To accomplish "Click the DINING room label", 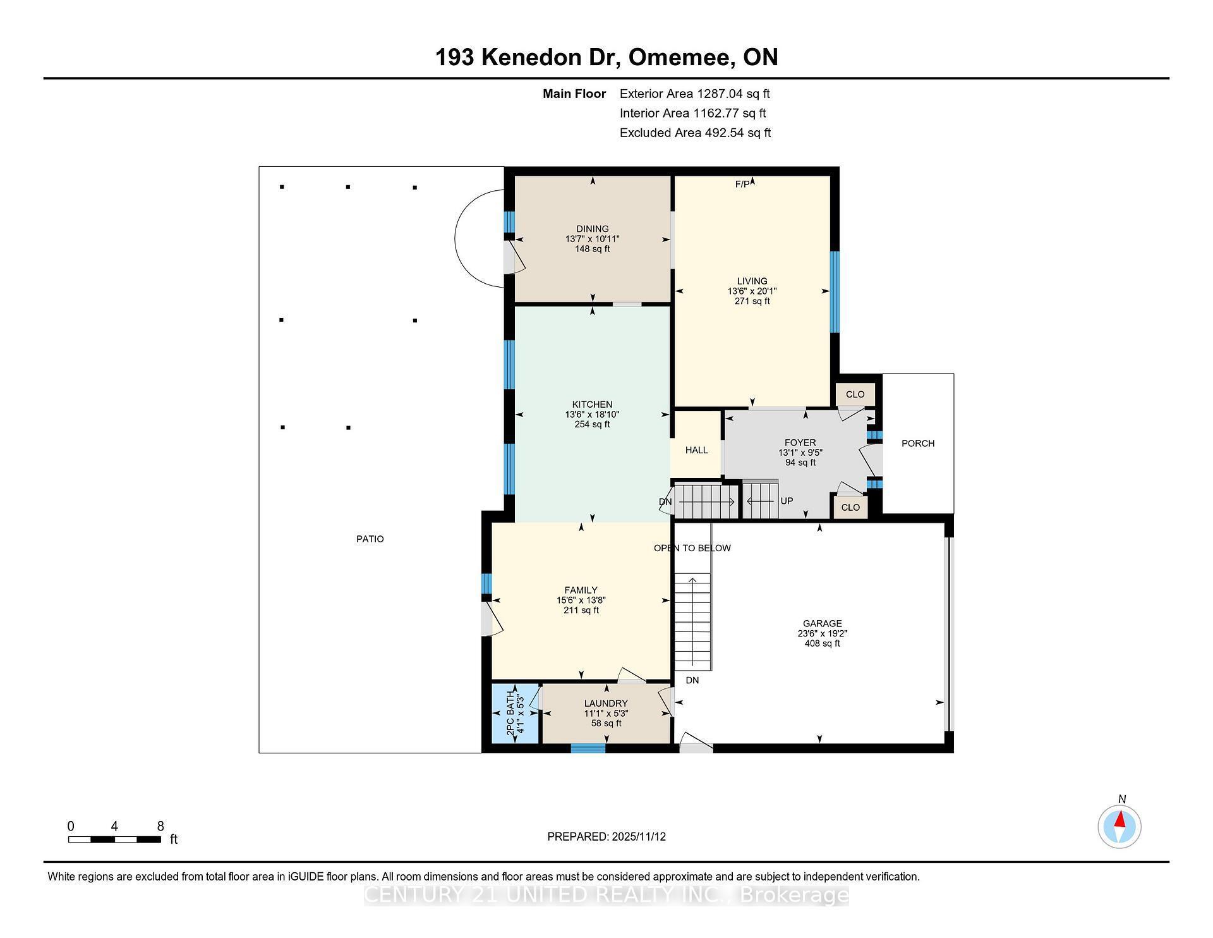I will click(592, 229).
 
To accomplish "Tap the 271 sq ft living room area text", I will click(752, 301).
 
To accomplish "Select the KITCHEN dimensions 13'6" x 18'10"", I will click(592, 415).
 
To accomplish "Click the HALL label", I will click(696, 450).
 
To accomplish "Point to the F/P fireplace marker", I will click(742, 184).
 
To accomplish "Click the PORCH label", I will click(917, 443).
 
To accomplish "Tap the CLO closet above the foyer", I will click(855, 394).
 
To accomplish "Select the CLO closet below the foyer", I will click(850, 508).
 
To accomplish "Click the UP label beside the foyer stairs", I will click(787, 501).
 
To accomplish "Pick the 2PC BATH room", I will click(515, 714).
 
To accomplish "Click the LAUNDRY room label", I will click(605, 703).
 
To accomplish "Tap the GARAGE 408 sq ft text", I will click(822, 643).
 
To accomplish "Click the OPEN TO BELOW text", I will click(692, 548).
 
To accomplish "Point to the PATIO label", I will click(370, 539).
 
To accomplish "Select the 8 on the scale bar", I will click(160, 826).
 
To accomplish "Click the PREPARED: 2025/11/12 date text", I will click(606, 836).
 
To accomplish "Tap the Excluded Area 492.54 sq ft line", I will click(695, 133).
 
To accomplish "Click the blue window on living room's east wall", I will click(835, 291).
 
